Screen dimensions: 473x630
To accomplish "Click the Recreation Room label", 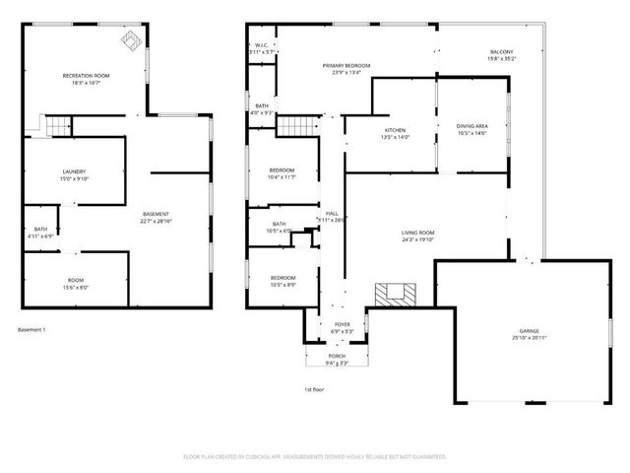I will coord(87,76).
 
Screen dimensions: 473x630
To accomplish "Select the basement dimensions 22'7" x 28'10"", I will coord(157,222).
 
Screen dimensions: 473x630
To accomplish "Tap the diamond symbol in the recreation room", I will coord(130,38).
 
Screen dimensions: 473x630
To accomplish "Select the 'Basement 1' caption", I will coord(32,329).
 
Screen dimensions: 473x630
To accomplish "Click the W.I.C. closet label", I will coord(261,46).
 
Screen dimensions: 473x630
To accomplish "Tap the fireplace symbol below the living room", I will coord(396,293).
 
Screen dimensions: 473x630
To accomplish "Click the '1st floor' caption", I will coord(312,389).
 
